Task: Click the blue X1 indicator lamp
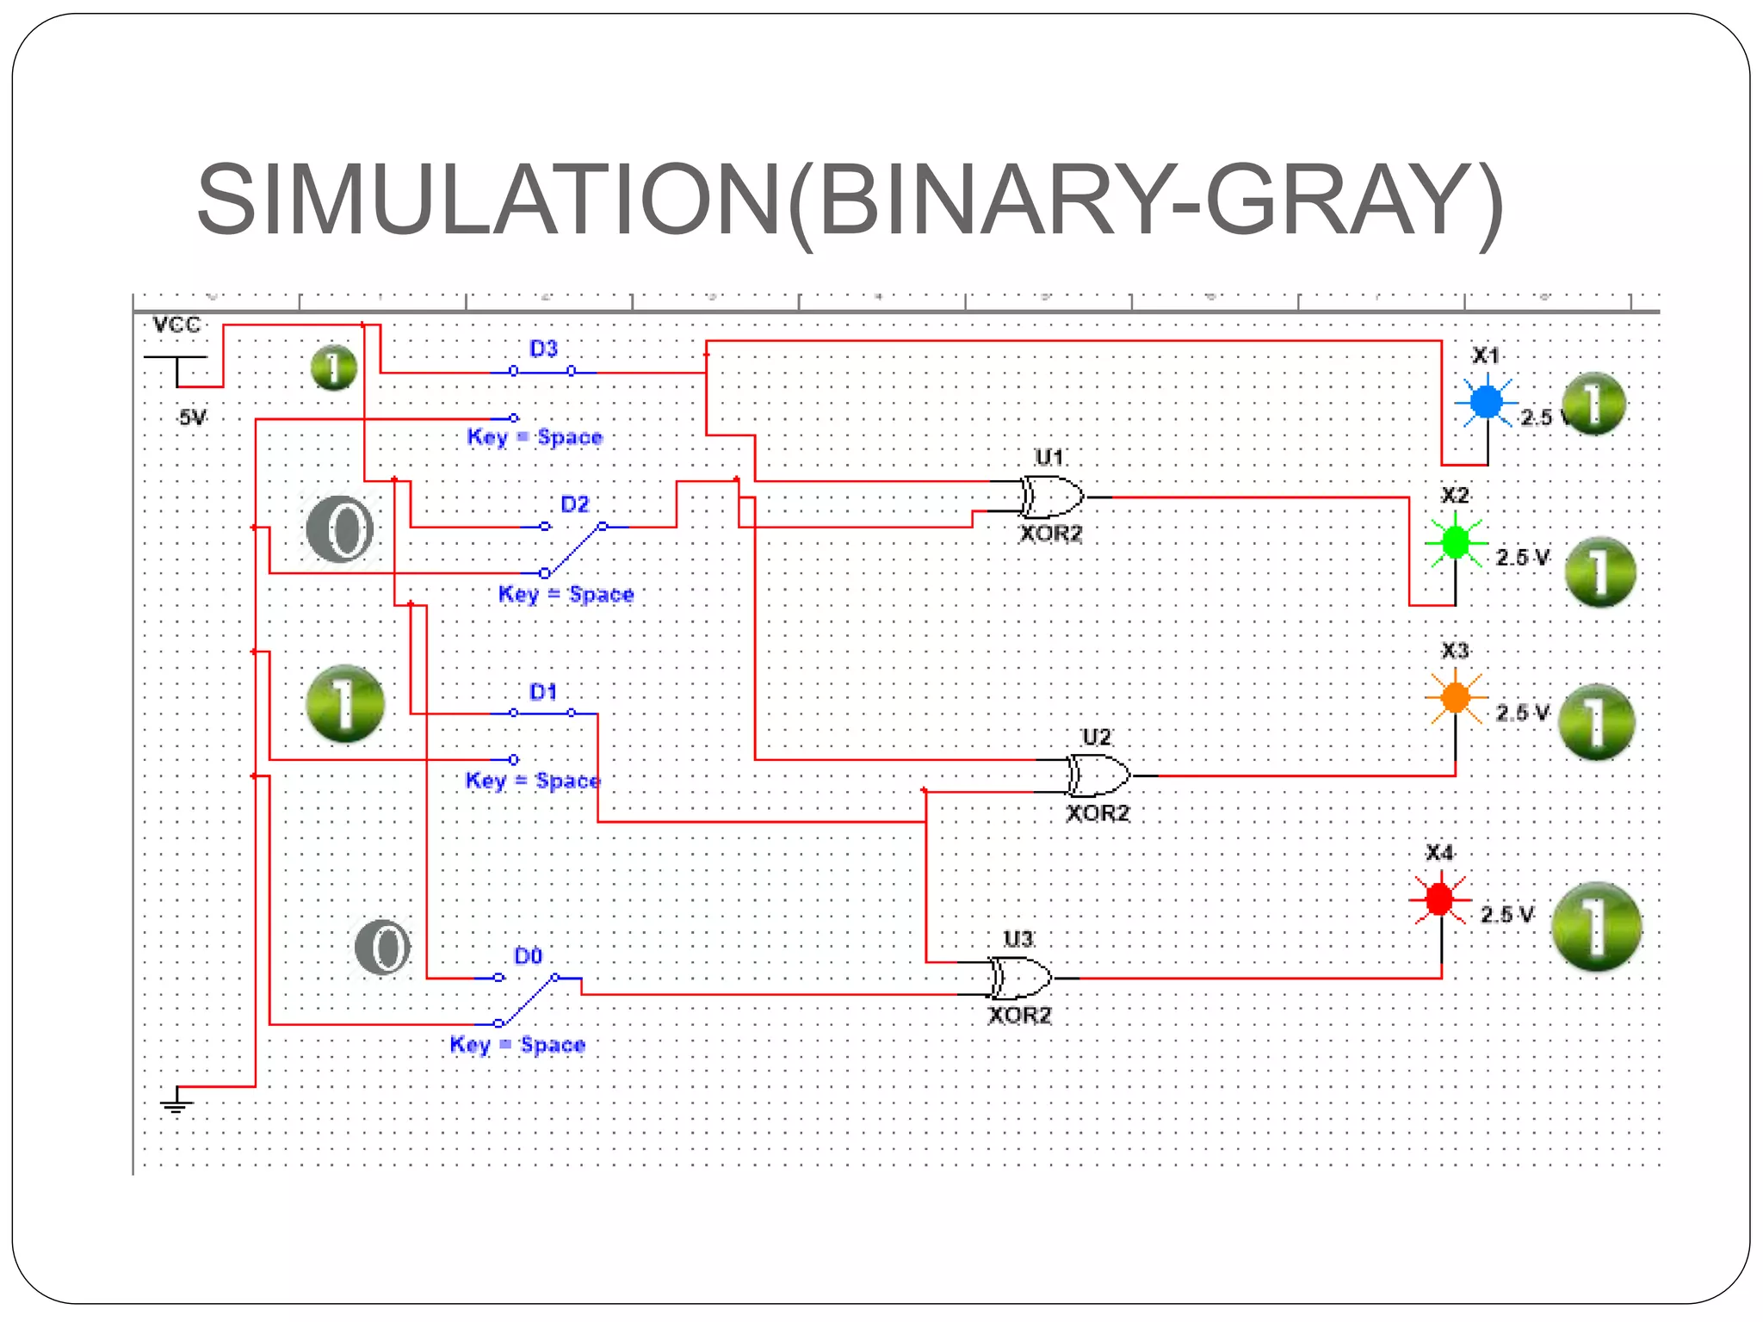pos(1486,401)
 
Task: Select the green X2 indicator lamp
pos(1455,542)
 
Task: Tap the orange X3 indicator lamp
pos(1455,696)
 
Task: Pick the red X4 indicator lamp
pos(1439,899)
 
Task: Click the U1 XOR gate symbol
pos(1052,497)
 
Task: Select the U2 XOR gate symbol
pos(1098,775)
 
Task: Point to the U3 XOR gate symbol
pos(1021,978)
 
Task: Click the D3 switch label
pos(543,349)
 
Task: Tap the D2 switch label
pos(574,504)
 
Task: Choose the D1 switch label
pos(543,692)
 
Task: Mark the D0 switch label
pos(528,956)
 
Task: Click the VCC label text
pos(176,325)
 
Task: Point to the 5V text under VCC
pos(192,418)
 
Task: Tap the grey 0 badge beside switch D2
pos(340,528)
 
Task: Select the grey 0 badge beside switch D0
pos(383,947)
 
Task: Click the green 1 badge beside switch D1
pos(345,703)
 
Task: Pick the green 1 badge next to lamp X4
pos(1595,926)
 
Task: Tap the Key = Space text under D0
pos(517,1045)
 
